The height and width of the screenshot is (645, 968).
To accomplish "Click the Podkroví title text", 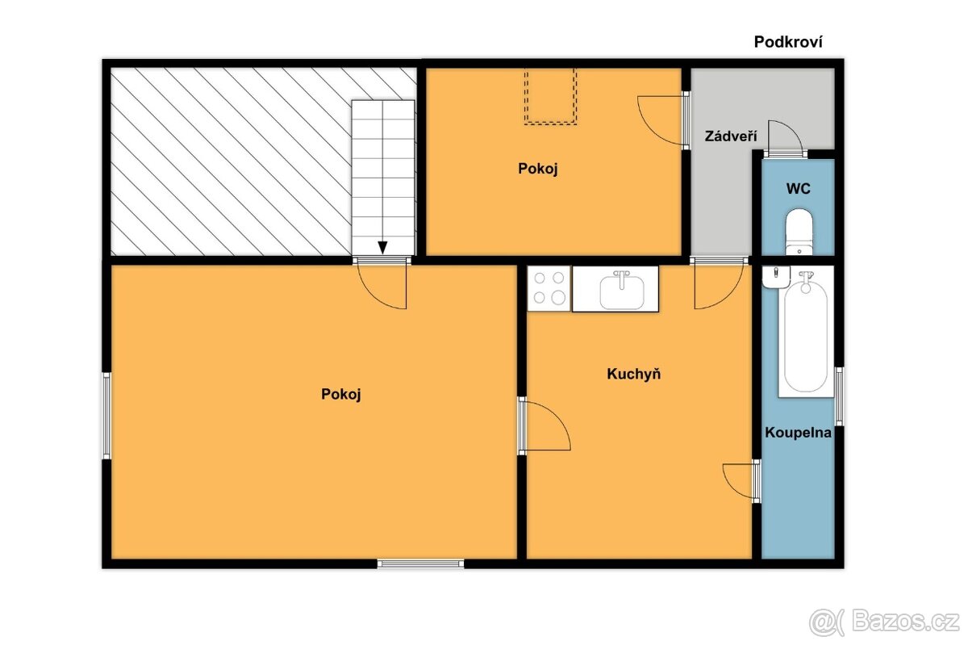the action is click(x=788, y=42).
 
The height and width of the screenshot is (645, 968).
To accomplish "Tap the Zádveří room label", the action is click(x=731, y=136).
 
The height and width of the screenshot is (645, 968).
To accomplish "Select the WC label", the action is click(x=798, y=188).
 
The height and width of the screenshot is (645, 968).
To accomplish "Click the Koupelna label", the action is click(x=798, y=432).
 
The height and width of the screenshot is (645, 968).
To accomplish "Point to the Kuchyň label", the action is click(x=633, y=374).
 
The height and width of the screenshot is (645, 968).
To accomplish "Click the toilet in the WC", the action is click(x=799, y=232).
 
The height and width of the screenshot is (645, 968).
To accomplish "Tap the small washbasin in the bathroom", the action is click(x=776, y=277).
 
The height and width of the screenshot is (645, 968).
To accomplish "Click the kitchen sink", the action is click(x=621, y=290).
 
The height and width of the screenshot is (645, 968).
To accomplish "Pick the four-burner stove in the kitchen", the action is click(x=549, y=288).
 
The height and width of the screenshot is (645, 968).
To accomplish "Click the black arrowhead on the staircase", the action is click(x=382, y=248).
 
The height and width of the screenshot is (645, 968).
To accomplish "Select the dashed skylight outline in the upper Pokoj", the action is click(x=550, y=97).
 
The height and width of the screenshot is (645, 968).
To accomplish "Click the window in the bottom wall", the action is click(x=420, y=563).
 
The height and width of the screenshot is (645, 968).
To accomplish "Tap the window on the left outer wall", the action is click(x=106, y=416).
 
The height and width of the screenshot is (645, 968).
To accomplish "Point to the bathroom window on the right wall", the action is click(x=839, y=396).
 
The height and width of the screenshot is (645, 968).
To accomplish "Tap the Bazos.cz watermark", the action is click(x=884, y=622).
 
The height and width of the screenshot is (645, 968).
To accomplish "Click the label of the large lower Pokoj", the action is click(x=340, y=394).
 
